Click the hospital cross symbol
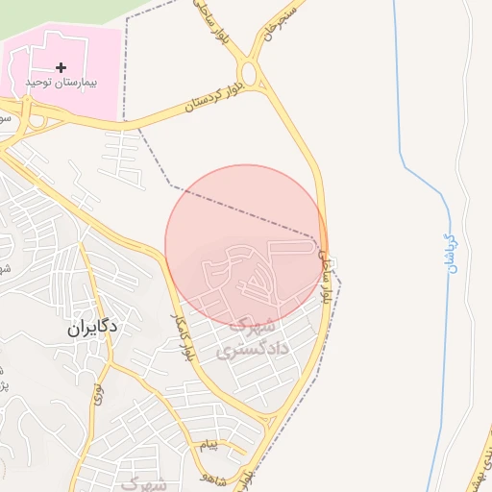point(61,67)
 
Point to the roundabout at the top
point(250,73)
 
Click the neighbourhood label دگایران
point(92,327)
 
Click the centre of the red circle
point(245,245)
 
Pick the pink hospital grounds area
point(86,48)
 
